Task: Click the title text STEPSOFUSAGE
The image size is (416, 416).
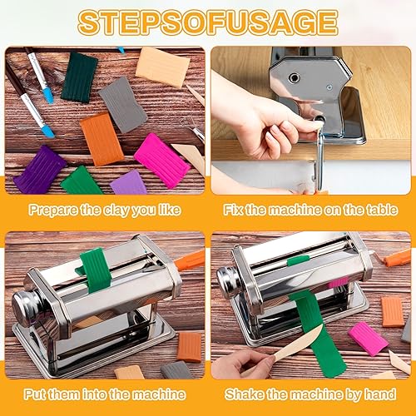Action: [207, 22]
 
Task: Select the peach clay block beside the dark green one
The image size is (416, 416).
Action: [162, 66]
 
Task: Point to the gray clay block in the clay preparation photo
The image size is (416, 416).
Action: [123, 104]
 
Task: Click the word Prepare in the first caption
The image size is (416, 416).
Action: [52, 210]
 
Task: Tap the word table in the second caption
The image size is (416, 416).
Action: [371, 210]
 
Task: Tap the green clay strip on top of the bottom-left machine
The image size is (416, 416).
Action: [96, 269]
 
